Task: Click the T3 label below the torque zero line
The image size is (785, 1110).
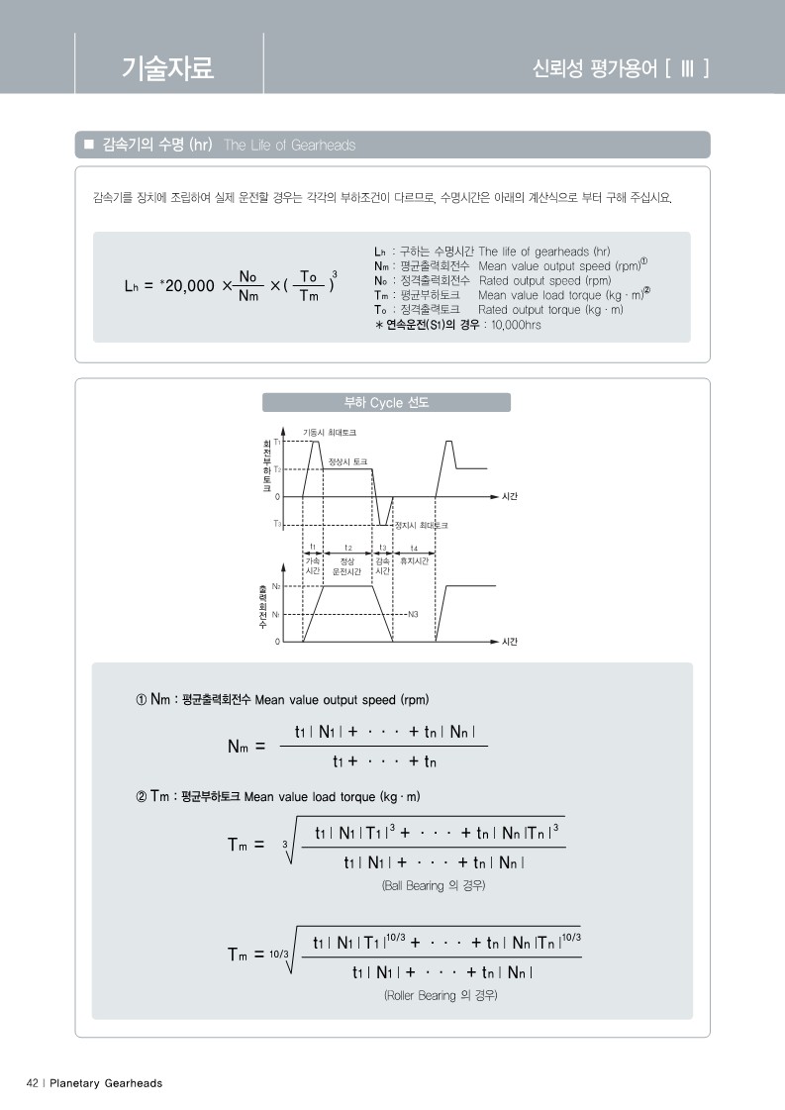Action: tap(276, 522)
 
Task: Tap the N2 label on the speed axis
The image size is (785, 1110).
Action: tap(276, 587)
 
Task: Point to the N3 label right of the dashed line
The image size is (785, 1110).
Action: tap(413, 614)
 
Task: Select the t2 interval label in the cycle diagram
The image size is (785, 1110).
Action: tap(347, 547)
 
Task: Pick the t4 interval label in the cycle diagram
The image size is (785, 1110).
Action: tap(414, 547)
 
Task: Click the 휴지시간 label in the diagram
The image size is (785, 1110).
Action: tap(414, 560)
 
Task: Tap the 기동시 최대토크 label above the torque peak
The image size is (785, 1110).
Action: tap(329, 433)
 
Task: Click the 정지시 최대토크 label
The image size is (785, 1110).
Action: tap(422, 525)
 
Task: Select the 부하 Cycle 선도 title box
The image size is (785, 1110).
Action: tap(386, 402)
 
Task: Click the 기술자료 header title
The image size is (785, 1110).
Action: tap(167, 67)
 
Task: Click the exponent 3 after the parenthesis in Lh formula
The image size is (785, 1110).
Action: tap(335, 273)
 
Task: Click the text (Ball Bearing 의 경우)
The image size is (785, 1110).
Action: tap(434, 885)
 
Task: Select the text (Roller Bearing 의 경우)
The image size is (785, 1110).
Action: tap(441, 994)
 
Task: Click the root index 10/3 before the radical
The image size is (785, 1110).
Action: tap(277, 954)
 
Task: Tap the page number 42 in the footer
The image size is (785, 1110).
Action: tap(32, 1083)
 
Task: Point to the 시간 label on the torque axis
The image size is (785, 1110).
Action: tap(511, 495)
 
